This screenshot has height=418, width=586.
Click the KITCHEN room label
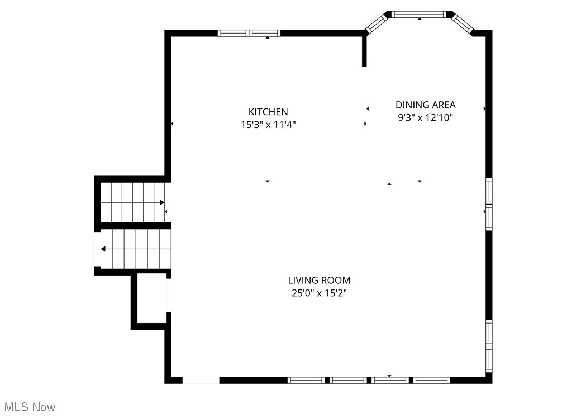[268, 112]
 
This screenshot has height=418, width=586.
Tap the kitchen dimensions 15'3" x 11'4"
[268, 125]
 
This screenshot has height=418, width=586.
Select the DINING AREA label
[425, 104]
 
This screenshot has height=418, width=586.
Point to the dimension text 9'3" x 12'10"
[425, 117]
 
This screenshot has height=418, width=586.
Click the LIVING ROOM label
[319, 281]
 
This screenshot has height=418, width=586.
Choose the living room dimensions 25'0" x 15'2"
[319, 293]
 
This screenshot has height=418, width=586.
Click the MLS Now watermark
[29, 407]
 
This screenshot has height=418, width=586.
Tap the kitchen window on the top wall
[249, 33]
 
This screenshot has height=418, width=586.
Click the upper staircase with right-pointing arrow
[132, 202]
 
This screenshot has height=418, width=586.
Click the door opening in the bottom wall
[201, 380]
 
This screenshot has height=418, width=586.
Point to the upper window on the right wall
[489, 204]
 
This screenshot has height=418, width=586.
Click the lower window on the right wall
[489, 346]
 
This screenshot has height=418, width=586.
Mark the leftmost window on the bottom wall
[306, 380]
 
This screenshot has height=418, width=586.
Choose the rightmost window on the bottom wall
[432, 380]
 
